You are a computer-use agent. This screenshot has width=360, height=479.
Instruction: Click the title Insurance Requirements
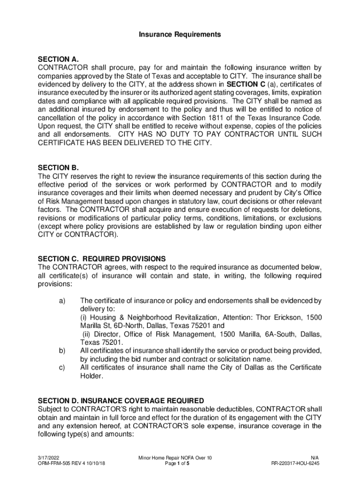180,35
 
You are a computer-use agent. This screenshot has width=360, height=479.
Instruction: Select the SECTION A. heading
58,59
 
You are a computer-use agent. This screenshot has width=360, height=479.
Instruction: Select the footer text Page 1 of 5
180,464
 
